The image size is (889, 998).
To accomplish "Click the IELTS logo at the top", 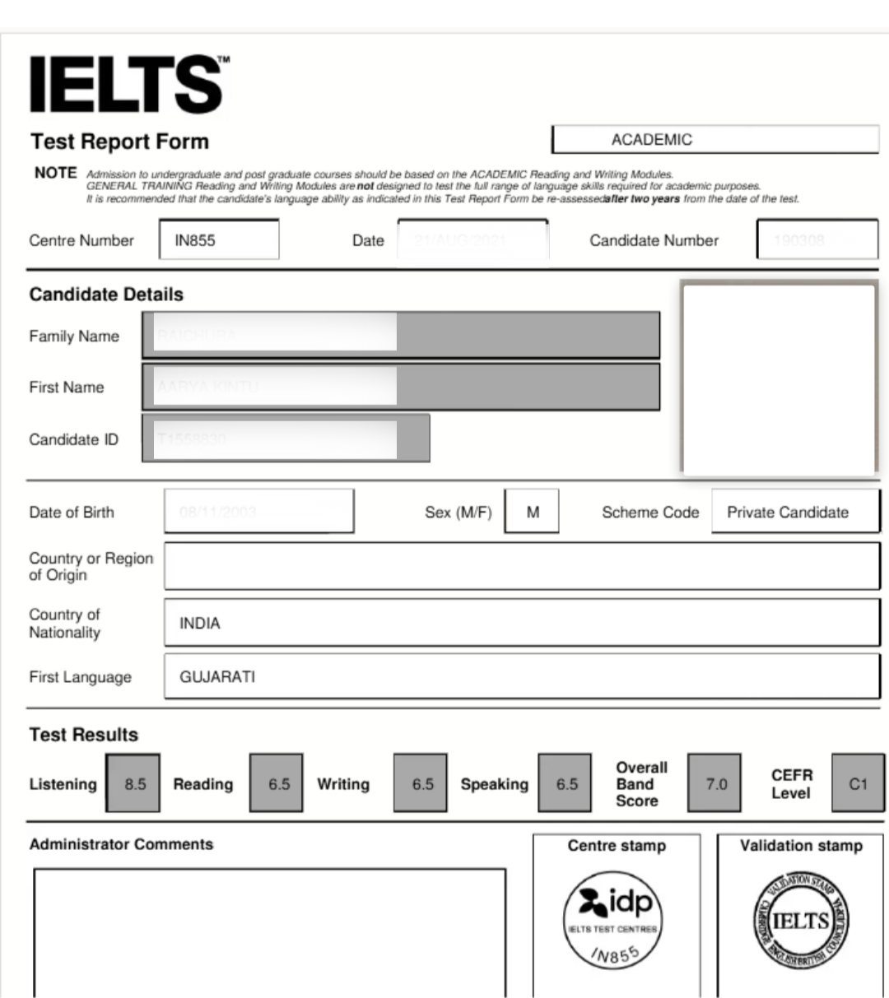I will coord(128,84).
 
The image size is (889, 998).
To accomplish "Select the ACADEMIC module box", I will coord(714,140).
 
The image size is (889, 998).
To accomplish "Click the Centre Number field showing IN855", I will coord(218,240).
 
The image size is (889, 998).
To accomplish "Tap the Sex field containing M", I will coord(533,512).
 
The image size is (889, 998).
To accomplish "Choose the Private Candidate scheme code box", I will coord(794,512).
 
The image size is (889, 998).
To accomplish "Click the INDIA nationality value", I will coord(200,624).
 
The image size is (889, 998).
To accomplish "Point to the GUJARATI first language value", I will coord(217,677).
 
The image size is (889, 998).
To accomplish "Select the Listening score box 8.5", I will coord(134,784).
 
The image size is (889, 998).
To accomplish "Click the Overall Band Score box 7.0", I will coord(715,784).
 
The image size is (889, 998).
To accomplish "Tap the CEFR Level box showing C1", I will coord(858,784).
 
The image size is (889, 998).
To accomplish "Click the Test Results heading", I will coord(84,735).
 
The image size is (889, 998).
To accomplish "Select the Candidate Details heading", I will coord(106,295).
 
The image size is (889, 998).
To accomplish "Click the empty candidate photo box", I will coord(779,378).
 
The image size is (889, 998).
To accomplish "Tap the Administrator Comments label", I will coord(121,845).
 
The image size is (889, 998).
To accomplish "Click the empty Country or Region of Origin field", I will coord(521,566).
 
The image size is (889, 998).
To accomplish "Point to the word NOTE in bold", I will coord(55,173).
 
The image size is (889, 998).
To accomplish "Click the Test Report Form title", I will coord(120,142).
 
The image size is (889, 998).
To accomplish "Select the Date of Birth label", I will coord(72,513).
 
